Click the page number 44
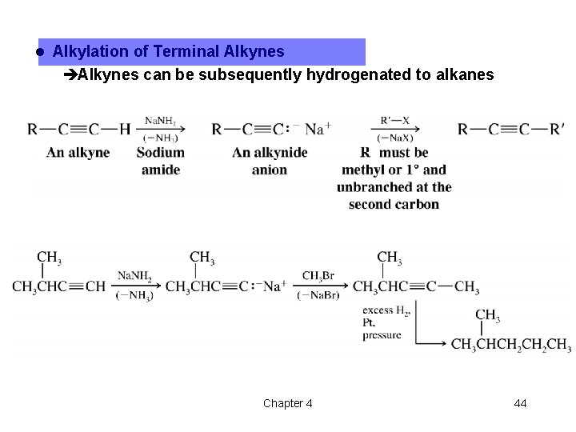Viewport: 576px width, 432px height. (x=520, y=403)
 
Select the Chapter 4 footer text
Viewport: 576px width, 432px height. (x=288, y=403)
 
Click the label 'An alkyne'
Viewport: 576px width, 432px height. (x=78, y=153)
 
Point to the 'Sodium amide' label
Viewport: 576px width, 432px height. (x=161, y=161)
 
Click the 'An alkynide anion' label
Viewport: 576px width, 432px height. (x=269, y=161)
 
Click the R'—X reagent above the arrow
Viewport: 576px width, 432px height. (x=395, y=119)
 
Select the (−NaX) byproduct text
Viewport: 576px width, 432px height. (x=395, y=138)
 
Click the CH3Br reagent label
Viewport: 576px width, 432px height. (x=318, y=276)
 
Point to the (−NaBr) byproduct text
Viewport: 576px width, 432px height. (x=318, y=296)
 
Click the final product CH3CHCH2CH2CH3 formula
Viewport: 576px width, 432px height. (x=510, y=344)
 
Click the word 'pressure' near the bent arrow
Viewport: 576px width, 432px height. (x=382, y=335)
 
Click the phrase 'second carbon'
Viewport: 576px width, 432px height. (x=394, y=204)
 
